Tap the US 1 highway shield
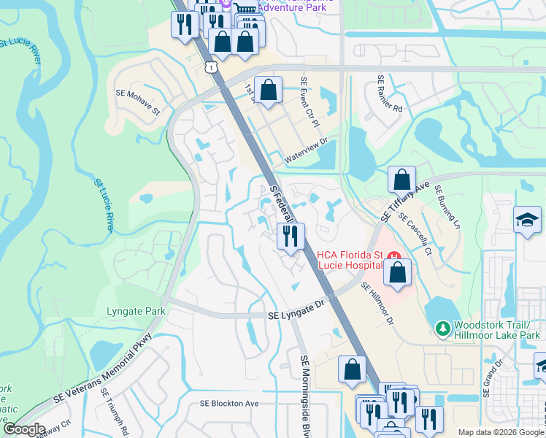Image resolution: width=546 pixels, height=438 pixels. click(x=210, y=67)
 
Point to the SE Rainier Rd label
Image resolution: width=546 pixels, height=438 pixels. click(x=390, y=93)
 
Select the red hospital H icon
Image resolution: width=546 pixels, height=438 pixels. click(x=396, y=255)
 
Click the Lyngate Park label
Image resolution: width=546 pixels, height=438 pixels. click(x=136, y=311)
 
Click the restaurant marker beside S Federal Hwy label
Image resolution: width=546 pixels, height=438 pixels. click(x=291, y=236)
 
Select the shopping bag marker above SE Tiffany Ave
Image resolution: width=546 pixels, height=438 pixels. click(x=401, y=180)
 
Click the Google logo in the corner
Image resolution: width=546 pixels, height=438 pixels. click(x=24, y=429)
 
